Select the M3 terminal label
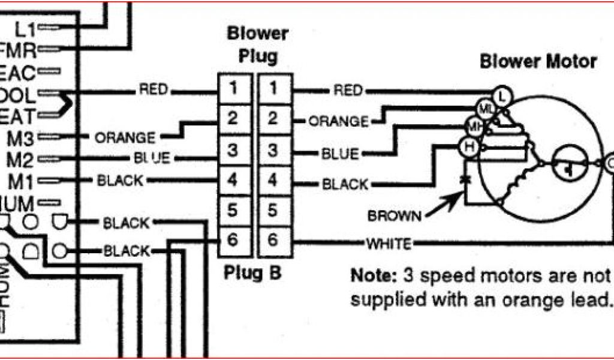23,137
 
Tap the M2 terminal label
23,159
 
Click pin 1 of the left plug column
233,89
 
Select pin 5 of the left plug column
233,210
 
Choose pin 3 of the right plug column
273,150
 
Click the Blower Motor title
538,61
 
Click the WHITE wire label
389,244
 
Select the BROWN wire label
395,215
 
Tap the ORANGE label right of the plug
338,121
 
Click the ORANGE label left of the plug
125,137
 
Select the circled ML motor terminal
483,109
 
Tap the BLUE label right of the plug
340,154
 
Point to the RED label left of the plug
153,90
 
